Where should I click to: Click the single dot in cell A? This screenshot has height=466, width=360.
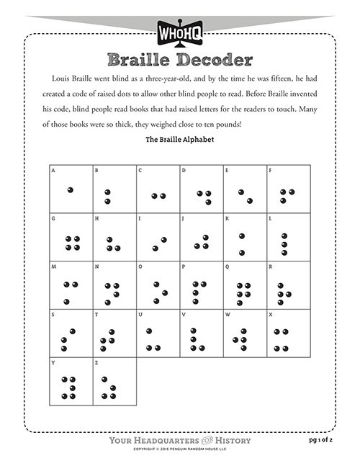click(x=70, y=189)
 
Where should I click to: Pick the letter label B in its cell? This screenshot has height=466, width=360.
click(x=97, y=171)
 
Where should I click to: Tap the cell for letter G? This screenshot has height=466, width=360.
click(x=71, y=237)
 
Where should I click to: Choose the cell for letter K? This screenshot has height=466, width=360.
click(x=245, y=237)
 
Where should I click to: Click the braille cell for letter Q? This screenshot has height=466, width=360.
click(x=245, y=284)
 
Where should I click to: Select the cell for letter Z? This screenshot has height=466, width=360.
click(x=114, y=380)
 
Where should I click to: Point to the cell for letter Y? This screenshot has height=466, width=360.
click(x=71, y=380)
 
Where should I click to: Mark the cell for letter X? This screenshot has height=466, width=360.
click(x=288, y=332)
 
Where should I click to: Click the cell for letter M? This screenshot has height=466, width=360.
click(x=71, y=284)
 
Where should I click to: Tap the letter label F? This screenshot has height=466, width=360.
click(x=270, y=171)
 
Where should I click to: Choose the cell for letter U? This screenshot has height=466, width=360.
click(x=158, y=332)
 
